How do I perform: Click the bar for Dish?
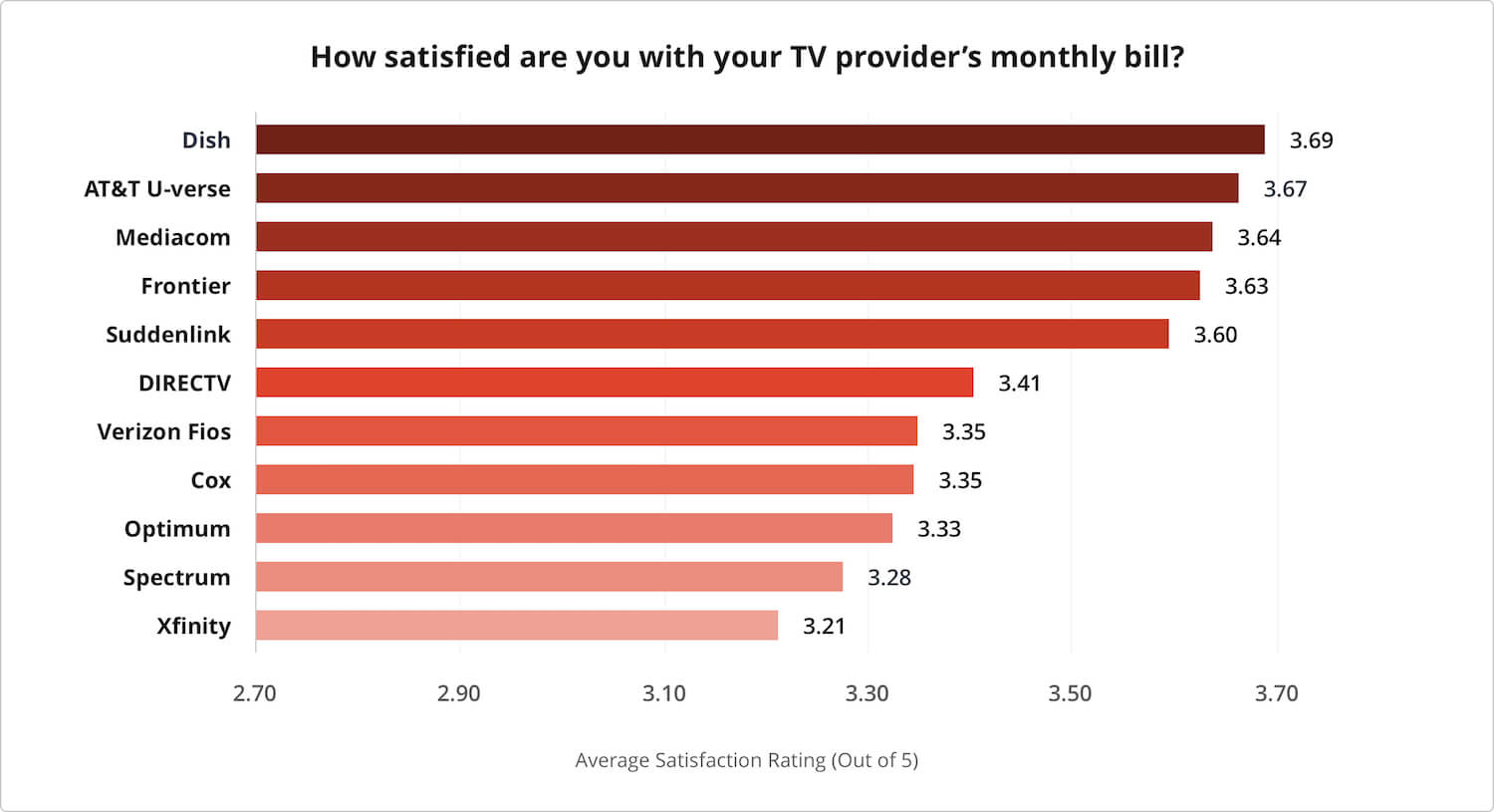point(760,139)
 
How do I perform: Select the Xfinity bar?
point(517,626)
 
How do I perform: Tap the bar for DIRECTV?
point(615,383)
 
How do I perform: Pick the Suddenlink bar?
point(712,334)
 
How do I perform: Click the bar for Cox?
point(585,480)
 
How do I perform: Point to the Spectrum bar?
point(549,577)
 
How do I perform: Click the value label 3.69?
point(1311,140)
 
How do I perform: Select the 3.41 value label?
point(1019,384)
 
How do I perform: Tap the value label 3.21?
point(824,627)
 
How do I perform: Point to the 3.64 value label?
point(1259,238)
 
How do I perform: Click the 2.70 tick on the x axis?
point(255,693)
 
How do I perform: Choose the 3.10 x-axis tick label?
point(663,693)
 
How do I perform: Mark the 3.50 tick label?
point(1070,693)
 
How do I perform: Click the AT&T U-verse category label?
point(157,189)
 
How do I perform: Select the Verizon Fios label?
point(164,431)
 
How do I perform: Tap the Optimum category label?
point(177,529)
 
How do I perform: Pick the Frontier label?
point(185,286)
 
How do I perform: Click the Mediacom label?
point(173,237)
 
